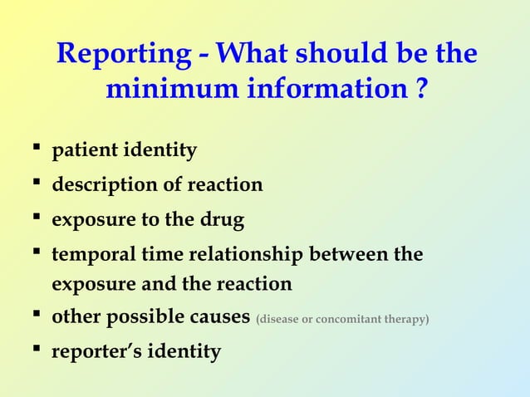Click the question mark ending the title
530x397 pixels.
pos(423,89)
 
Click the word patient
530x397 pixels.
pos(85,152)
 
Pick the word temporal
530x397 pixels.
pos(92,254)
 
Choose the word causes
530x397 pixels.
pos(218,318)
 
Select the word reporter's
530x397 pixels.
pos(96,352)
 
